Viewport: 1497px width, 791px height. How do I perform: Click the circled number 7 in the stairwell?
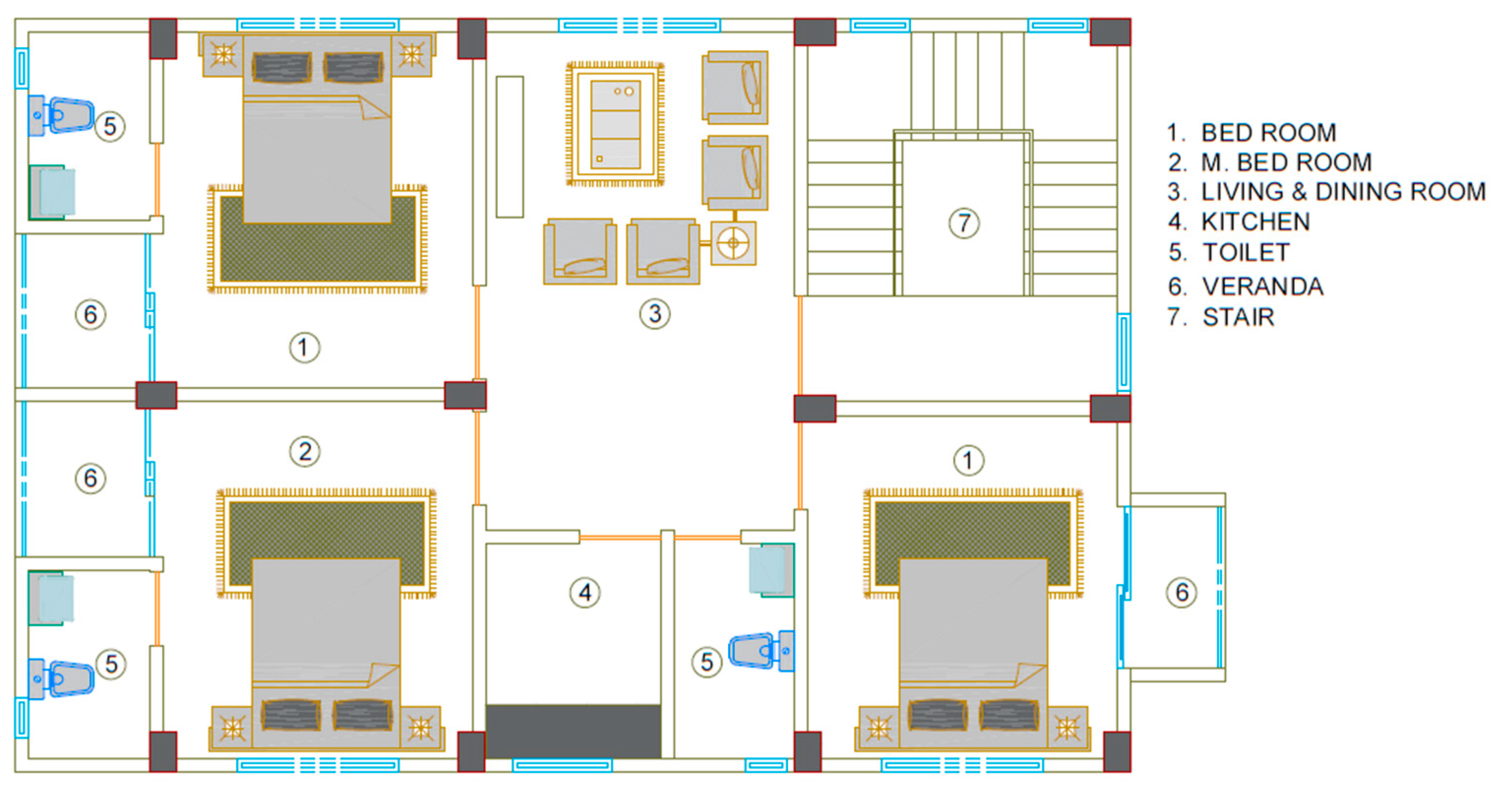[x=964, y=223]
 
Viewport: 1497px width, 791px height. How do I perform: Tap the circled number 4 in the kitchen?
[x=584, y=593]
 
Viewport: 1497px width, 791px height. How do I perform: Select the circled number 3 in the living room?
[x=655, y=314]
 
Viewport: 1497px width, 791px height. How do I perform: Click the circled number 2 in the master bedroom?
[x=305, y=451]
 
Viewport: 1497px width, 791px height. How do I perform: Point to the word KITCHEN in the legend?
[x=1255, y=221]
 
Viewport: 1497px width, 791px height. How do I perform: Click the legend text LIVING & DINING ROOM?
[x=1343, y=191]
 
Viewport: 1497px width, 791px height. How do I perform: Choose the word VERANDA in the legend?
[x=1263, y=286]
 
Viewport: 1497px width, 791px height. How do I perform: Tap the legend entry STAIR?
[x=1238, y=317]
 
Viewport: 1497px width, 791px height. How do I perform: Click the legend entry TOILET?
[x=1246, y=253]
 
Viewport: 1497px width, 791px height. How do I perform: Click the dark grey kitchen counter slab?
[x=573, y=731]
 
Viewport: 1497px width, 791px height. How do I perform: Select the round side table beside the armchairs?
[x=733, y=243]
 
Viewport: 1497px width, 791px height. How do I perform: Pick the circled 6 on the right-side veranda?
[x=1182, y=593]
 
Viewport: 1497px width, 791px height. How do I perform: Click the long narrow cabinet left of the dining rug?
[x=510, y=147]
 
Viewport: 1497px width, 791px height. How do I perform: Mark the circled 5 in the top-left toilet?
[x=109, y=126]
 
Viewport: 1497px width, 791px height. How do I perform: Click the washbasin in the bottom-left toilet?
[x=52, y=599]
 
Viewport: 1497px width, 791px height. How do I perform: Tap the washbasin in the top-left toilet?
[x=52, y=192]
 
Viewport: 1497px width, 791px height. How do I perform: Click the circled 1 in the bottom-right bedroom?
[x=968, y=461]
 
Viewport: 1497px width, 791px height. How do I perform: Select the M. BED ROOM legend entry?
[x=1286, y=162]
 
